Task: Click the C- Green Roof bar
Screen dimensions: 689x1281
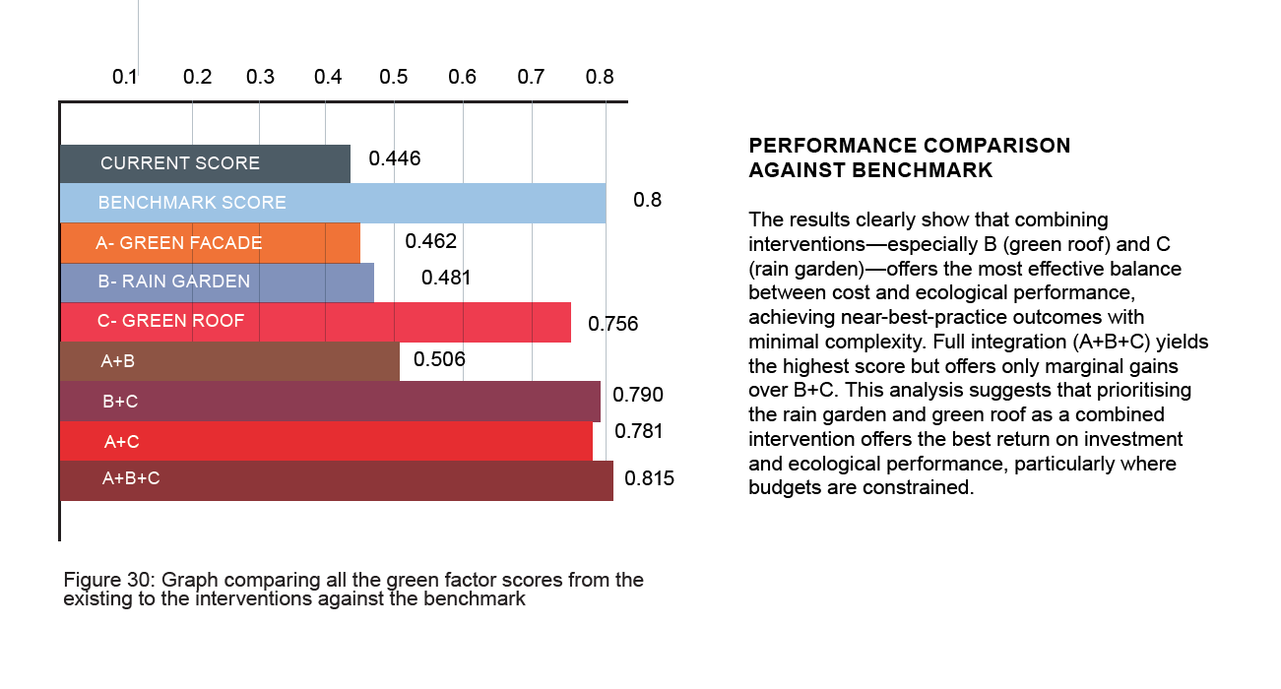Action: (315, 322)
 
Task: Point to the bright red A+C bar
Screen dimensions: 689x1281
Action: (326, 441)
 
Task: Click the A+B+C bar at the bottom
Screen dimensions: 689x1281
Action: (336, 480)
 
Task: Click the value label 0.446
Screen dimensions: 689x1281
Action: (395, 158)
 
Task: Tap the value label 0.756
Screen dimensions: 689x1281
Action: (612, 324)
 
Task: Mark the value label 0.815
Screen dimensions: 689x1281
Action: (649, 479)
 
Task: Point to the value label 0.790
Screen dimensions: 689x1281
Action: (638, 395)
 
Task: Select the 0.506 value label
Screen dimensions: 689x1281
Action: (439, 359)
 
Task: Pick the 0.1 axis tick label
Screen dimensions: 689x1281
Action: (125, 77)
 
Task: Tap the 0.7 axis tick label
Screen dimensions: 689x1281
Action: (531, 77)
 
